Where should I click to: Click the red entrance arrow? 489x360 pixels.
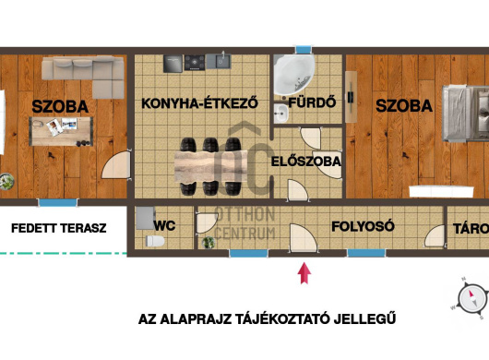tap(305, 271)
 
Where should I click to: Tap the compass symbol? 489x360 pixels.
tap(472, 298)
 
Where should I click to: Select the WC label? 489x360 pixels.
tap(164, 224)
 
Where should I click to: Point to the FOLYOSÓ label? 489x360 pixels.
tap(363, 224)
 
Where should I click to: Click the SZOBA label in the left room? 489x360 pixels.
tap(60, 107)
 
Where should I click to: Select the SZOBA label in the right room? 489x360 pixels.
tap(404, 107)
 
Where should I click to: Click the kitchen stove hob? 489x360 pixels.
tap(196, 63)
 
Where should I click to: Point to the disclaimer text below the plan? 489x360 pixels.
tap(267, 319)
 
